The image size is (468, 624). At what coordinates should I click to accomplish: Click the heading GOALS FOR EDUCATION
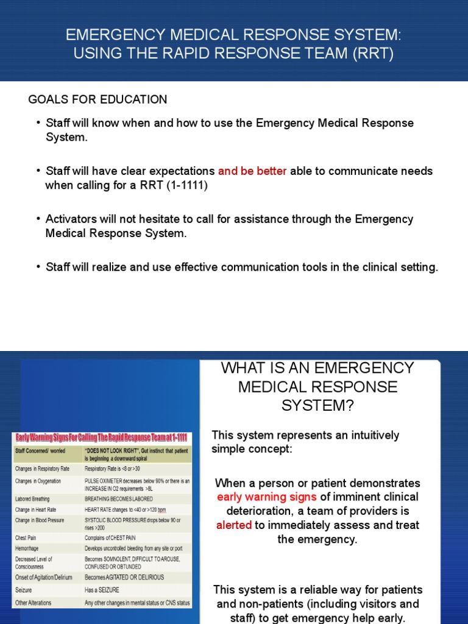pyautogui.click(x=97, y=99)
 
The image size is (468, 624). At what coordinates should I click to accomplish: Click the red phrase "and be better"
pyautogui.click(x=252, y=171)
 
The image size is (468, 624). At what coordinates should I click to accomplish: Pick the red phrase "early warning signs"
pyautogui.click(x=267, y=497)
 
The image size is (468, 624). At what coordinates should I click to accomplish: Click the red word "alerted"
pyautogui.click(x=234, y=525)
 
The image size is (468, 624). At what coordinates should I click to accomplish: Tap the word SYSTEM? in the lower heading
pyautogui.click(x=317, y=406)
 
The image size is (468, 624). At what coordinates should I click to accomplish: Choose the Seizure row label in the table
pyautogui.click(x=24, y=590)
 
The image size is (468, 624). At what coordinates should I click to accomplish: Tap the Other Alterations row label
pyautogui.click(x=34, y=603)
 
